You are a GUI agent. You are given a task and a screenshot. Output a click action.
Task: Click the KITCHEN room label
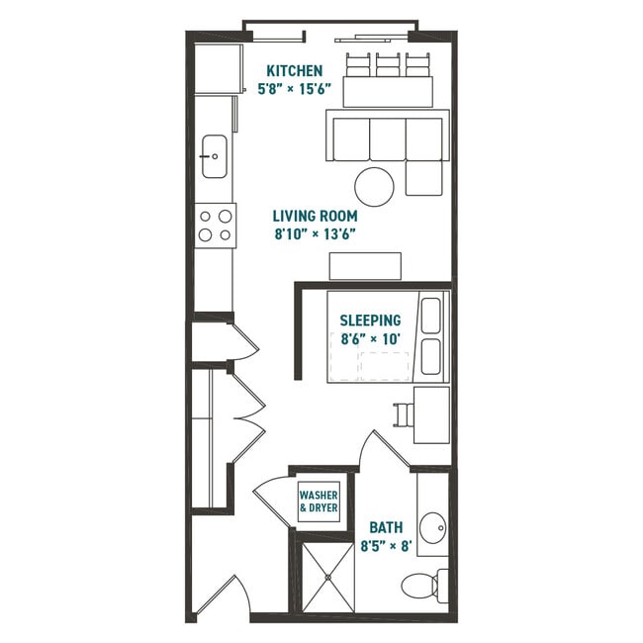point(295,71)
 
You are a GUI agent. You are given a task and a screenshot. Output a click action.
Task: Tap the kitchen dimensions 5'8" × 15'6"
point(295,89)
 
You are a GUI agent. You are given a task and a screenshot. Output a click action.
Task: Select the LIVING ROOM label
point(316,216)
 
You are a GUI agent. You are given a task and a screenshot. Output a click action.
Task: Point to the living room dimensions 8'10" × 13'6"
point(316,234)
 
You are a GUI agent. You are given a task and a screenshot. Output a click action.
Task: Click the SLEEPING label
point(370,321)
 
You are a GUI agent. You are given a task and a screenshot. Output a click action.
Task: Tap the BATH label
point(384,527)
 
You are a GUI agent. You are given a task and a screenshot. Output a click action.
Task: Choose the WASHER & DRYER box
point(319,501)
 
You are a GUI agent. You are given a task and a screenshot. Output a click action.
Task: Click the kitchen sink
point(213,156)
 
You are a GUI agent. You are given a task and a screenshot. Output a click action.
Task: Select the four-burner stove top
point(215,224)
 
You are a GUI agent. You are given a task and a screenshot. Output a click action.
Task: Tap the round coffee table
point(375,185)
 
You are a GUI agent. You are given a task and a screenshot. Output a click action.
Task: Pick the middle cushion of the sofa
point(387,138)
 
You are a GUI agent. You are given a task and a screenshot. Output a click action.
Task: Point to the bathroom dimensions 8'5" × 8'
point(384,545)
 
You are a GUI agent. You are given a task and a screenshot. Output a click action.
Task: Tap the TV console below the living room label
point(365,266)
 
